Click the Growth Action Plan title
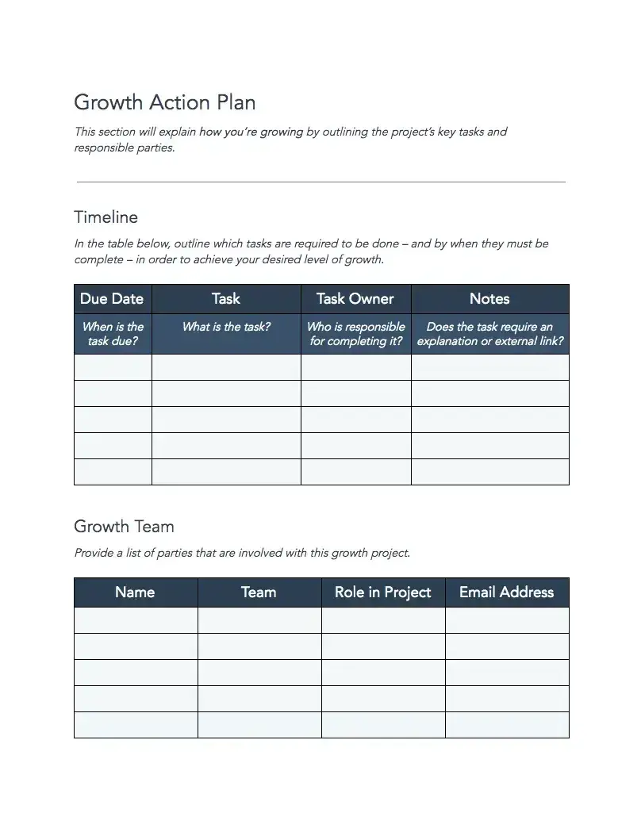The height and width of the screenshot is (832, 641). (x=164, y=102)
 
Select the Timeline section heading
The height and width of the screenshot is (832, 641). (x=106, y=217)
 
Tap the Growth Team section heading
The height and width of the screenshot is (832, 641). (x=124, y=527)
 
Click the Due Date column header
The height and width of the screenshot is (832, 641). (x=112, y=299)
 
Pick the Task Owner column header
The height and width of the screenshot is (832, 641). (x=355, y=299)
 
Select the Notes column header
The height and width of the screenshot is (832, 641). (x=489, y=299)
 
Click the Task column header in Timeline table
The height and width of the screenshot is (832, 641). (x=226, y=299)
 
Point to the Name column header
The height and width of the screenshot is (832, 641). (x=135, y=592)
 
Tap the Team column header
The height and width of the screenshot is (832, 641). (x=259, y=592)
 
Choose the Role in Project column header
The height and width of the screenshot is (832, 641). (x=383, y=592)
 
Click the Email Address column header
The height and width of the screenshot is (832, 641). (x=506, y=592)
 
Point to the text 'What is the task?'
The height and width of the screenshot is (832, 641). (x=226, y=327)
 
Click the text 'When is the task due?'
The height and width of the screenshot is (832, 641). (x=113, y=334)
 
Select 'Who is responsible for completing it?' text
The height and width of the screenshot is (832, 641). (x=355, y=334)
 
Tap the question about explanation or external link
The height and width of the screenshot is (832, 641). (x=490, y=334)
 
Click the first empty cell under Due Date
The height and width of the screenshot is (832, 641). (x=113, y=367)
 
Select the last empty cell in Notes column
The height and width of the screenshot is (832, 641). (x=490, y=472)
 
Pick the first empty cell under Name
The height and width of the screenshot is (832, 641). (x=136, y=620)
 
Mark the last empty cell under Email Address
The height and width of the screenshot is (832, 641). (x=507, y=725)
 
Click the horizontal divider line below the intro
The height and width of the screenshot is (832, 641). (x=320, y=182)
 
